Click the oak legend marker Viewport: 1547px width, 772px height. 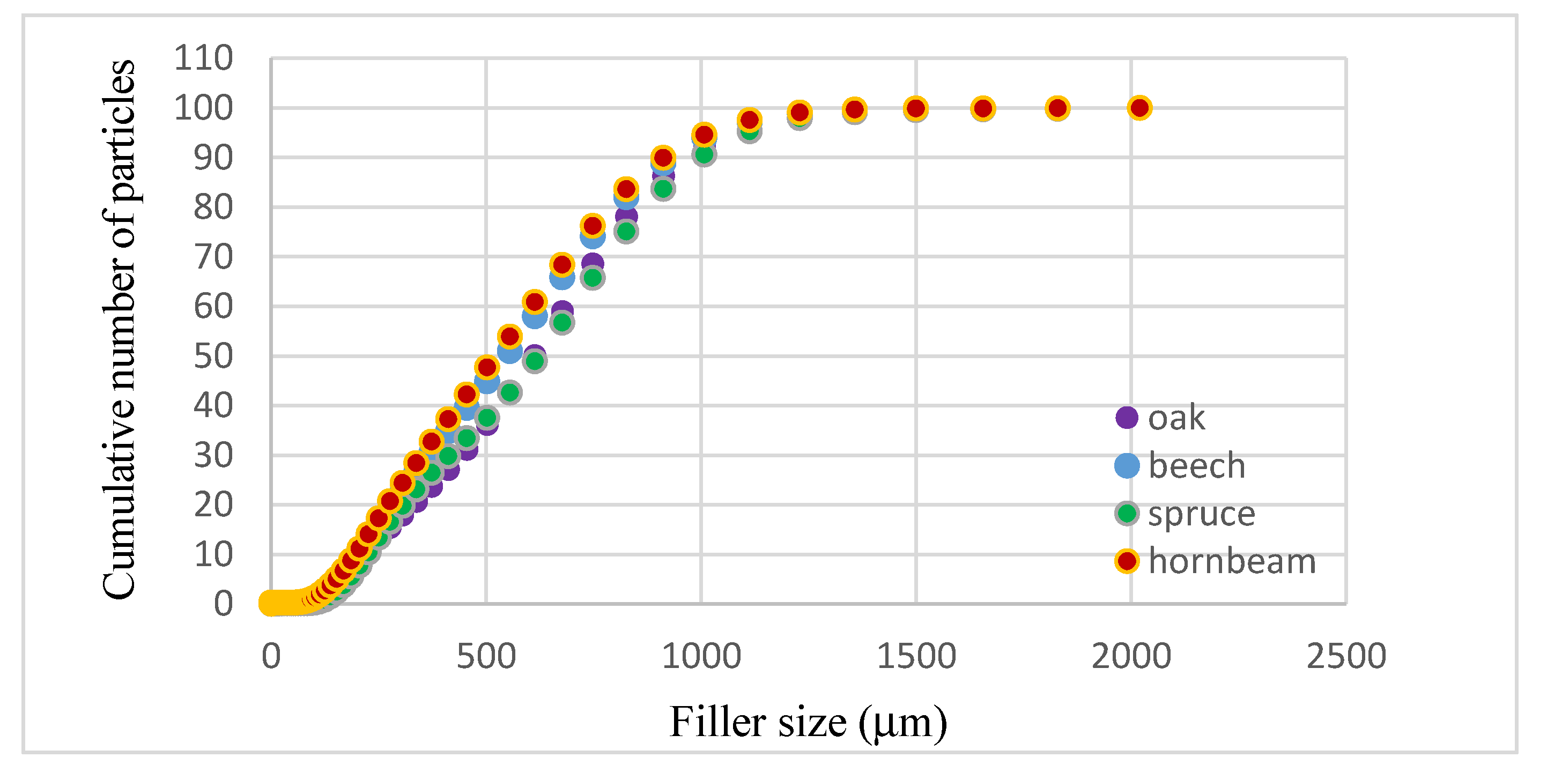click(x=1127, y=417)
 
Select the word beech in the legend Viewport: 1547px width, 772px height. click(x=1196, y=466)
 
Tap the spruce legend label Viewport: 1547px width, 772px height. click(x=1201, y=514)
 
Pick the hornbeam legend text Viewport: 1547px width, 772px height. click(x=1232, y=562)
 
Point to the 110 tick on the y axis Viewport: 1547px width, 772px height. click(x=203, y=58)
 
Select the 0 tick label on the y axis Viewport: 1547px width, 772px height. click(x=223, y=604)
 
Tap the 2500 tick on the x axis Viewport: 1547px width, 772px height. click(x=1346, y=656)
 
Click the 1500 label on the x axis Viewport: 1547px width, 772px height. click(x=916, y=656)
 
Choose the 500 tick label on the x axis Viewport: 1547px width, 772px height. click(x=486, y=656)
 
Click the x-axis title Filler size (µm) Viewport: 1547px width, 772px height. click(x=808, y=722)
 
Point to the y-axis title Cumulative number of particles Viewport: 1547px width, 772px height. click(x=119, y=329)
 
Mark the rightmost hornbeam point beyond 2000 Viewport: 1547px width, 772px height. click(x=1139, y=108)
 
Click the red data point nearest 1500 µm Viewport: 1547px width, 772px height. click(x=915, y=109)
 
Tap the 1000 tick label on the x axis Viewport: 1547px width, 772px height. click(x=701, y=656)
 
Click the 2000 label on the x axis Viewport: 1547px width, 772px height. click(x=1131, y=656)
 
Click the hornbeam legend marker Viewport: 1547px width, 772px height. click(x=1127, y=561)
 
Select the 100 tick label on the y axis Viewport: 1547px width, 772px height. click(x=203, y=108)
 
